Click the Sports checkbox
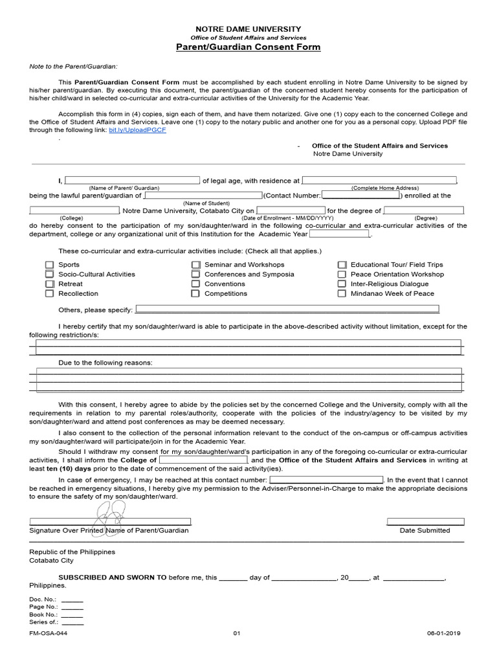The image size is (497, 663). [x=49, y=265]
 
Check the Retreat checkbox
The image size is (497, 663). [x=49, y=284]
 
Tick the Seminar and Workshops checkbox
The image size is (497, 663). [x=195, y=265]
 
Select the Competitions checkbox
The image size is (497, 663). [x=195, y=294]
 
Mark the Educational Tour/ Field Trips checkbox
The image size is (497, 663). [x=342, y=265]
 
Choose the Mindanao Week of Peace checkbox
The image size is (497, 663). [x=342, y=294]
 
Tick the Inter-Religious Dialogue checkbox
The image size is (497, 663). [x=342, y=284]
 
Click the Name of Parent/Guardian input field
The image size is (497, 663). [x=132, y=181]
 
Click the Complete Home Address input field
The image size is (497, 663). [x=379, y=181]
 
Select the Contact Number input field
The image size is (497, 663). [x=360, y=195]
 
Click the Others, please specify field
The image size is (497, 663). [x=286, y=309]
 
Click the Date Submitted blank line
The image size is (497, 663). [x=425, y=521]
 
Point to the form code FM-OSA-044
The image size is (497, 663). [x=48, y=633]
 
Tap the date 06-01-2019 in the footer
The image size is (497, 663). [x=443, y=633]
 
